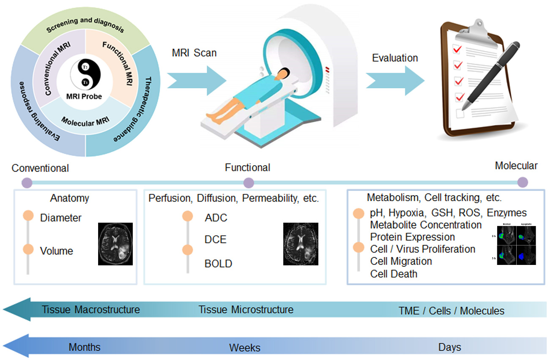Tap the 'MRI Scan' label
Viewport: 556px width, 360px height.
[x=194, y=53]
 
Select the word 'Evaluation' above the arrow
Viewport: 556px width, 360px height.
[x=395, y=58]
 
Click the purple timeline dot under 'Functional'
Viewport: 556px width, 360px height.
[x=249, y=183]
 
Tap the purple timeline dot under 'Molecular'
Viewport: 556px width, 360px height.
[x=523, y=183]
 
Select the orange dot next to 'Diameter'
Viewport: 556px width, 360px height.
[x=28, y=215]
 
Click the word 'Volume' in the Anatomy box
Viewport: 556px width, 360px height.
[x=57, y=251]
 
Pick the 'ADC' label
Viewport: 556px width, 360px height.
[x=216, y=218]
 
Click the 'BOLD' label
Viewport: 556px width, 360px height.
[x=218, y=264]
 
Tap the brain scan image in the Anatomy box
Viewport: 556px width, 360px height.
[x=115, y=244]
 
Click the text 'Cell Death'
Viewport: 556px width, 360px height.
[x=394, y=274]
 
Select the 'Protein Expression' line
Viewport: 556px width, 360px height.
[x=413, y=237]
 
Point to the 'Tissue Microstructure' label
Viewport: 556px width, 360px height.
[x=246, y=310]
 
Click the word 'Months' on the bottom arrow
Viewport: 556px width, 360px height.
[x=85, y=347]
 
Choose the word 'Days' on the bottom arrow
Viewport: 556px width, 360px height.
[x=449, y=347]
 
